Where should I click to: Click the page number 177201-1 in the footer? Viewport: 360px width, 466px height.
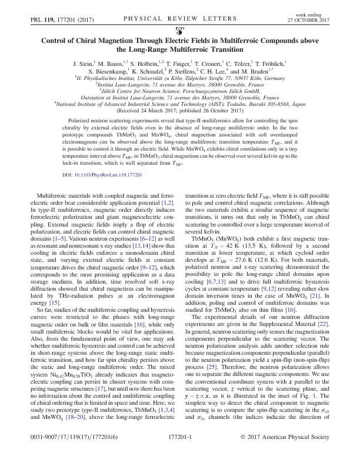(x=179, y=454)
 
